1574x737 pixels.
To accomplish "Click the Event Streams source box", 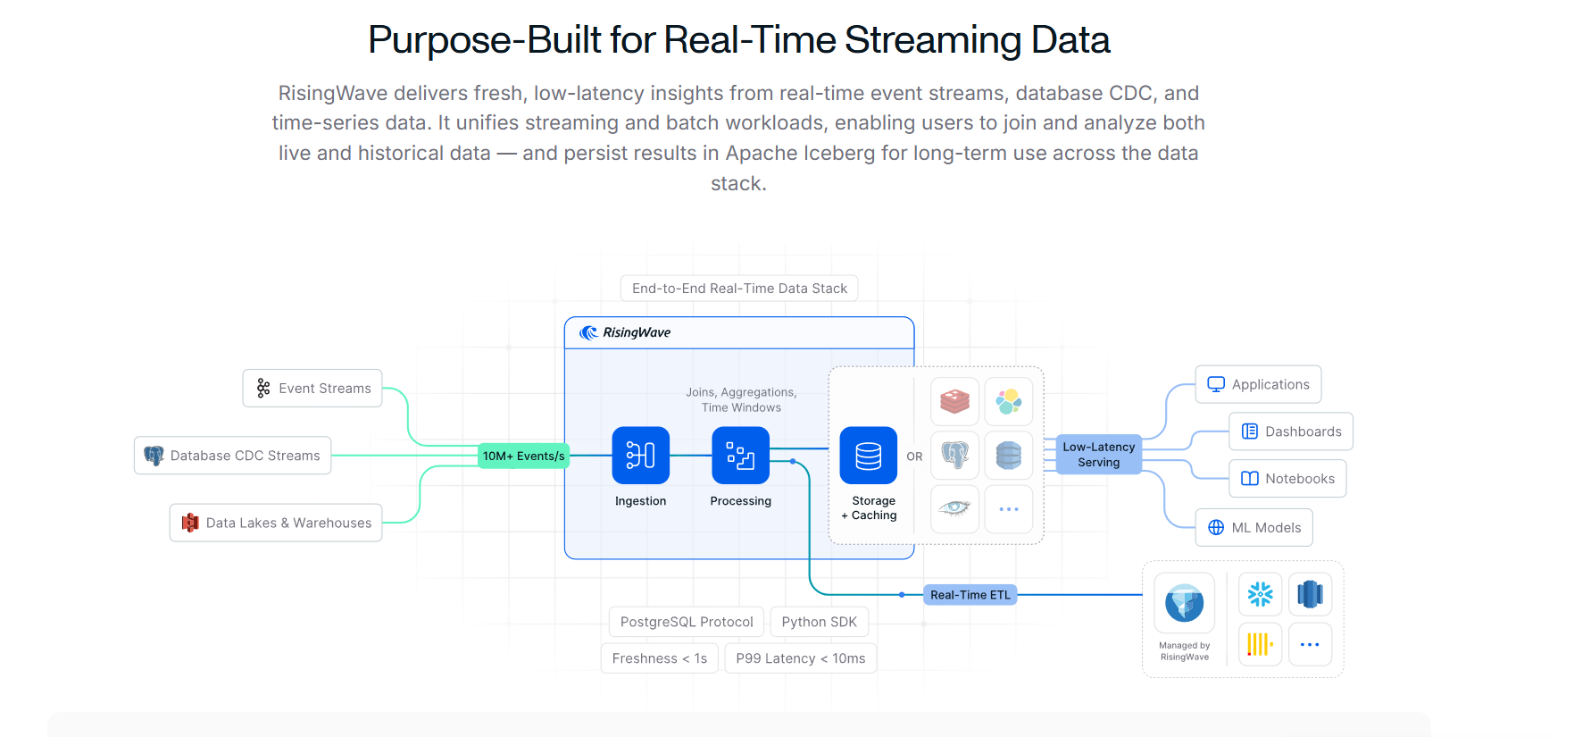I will pyautogui.click(x=312, y=389).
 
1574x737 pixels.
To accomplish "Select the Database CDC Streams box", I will pyautogui.click(x=233, y=456).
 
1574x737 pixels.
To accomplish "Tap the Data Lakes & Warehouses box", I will pyautogui.click(x=276, y=523).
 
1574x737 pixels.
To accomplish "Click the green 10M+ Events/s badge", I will pyautogui.click(x=523, y=456).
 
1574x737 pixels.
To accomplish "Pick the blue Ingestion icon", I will pyautogui.click(x=640, y=456).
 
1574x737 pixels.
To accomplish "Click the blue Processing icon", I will pyautogui.click(x=740, y=456).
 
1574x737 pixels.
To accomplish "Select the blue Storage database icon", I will pyautogui.click(x=868, y=456).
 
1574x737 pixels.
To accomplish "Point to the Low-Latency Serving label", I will pyautogui.click(x=1098, y=455).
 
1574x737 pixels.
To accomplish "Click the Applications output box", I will pyautogui.click(x=1258, y=384).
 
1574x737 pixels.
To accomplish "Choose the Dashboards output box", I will pyautogui.click(x=1291, y=431).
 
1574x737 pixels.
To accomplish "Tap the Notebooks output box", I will pyautogui.click(x=1287, y=479).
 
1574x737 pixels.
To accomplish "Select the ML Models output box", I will pyautogui.click(x=1253, y=528).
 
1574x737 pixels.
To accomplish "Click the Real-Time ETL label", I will pyautogui.click(x=970, y=595).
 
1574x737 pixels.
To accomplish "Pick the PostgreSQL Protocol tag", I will pyautogui.click(x=687, y=622).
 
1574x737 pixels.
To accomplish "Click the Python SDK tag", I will pyautogui.click(x=819, y=622).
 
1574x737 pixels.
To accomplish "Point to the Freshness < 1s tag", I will pyautogui.click(x=659, y=658).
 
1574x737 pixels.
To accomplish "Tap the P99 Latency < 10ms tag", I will pyautogui.click(x=800, y=658).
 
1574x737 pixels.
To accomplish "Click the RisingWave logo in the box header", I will pyautogui.click(x=625, y=332).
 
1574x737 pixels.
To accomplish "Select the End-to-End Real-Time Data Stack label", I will pyautogui.click(x=739, y=289).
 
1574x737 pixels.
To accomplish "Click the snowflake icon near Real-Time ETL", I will pyautogui.click(x=1260, y=595).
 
